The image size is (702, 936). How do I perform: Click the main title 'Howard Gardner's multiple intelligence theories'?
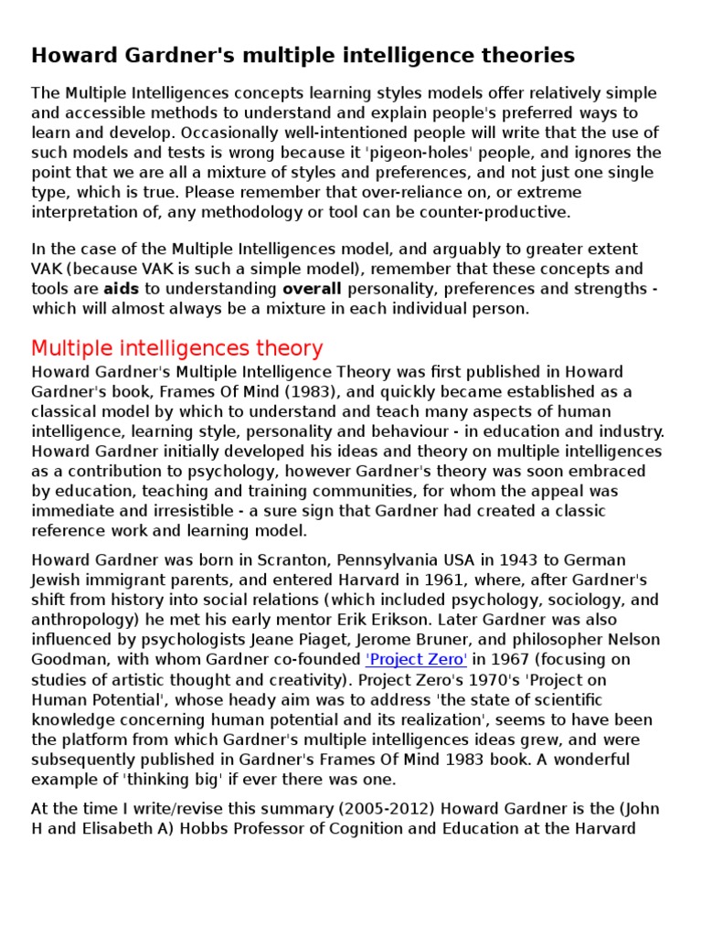point(303,56)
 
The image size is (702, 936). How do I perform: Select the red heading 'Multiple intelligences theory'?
point(176,348)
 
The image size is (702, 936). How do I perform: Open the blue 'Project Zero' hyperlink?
point(416,659)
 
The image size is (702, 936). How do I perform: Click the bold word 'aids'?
point(122,289)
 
